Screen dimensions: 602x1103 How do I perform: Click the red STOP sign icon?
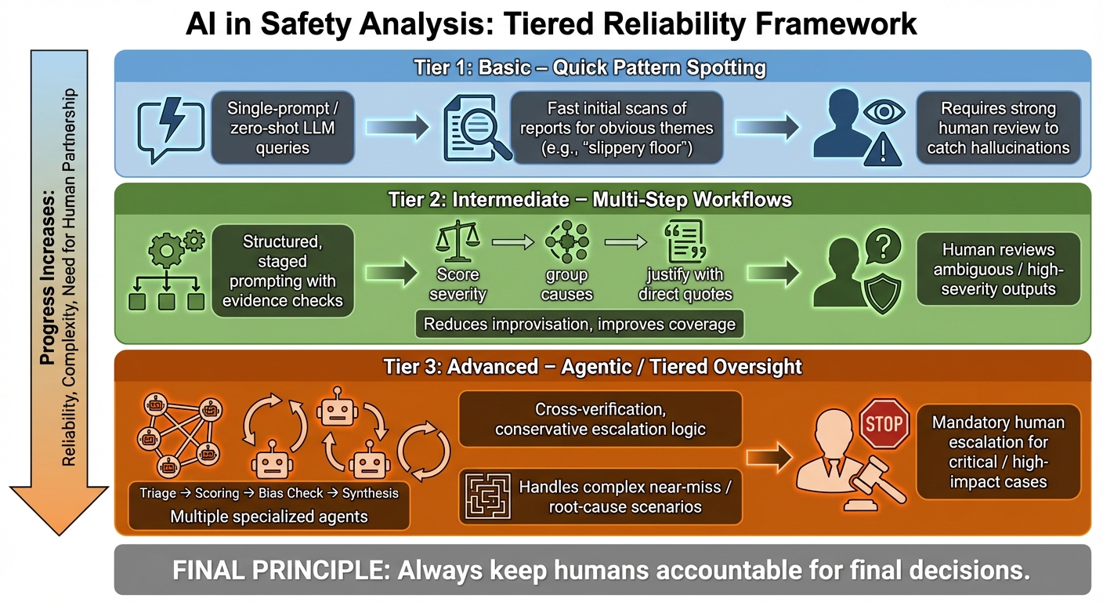pyautogui.click(x=885, y=425)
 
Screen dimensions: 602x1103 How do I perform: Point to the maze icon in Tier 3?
pyautogui.click(x=484, y=496)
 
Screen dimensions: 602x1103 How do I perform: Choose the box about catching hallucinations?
pyautogui.click(x=997, y=128)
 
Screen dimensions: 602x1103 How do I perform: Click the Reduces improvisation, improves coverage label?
pyautogui.click(x=580, y=324)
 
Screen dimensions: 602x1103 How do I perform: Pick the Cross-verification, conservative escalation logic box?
pyautogui.click(x=599, y=419)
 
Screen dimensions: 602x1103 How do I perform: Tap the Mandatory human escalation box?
pyautogui.click(x=997, y=452)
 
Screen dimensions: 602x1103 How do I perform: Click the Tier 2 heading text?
pyautogui.click(x=590, y=199)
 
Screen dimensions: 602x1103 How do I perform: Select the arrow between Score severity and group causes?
pyautogui.click(x=512, y=242)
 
